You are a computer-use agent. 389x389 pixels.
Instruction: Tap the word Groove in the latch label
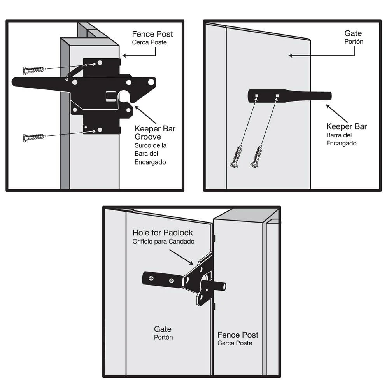point(148,137)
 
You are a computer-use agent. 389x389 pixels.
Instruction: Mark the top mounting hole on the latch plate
point(100,63)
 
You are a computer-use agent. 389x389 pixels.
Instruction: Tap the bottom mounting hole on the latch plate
point(100,130)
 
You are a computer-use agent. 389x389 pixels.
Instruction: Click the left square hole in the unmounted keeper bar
point(257,96)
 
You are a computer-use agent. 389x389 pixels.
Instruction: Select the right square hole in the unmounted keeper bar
point(277,96)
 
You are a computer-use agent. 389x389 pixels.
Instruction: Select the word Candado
point(182,241)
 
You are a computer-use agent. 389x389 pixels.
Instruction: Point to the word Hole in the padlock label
point(140,233)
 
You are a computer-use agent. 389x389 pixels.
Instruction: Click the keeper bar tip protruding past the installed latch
point(222,287)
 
